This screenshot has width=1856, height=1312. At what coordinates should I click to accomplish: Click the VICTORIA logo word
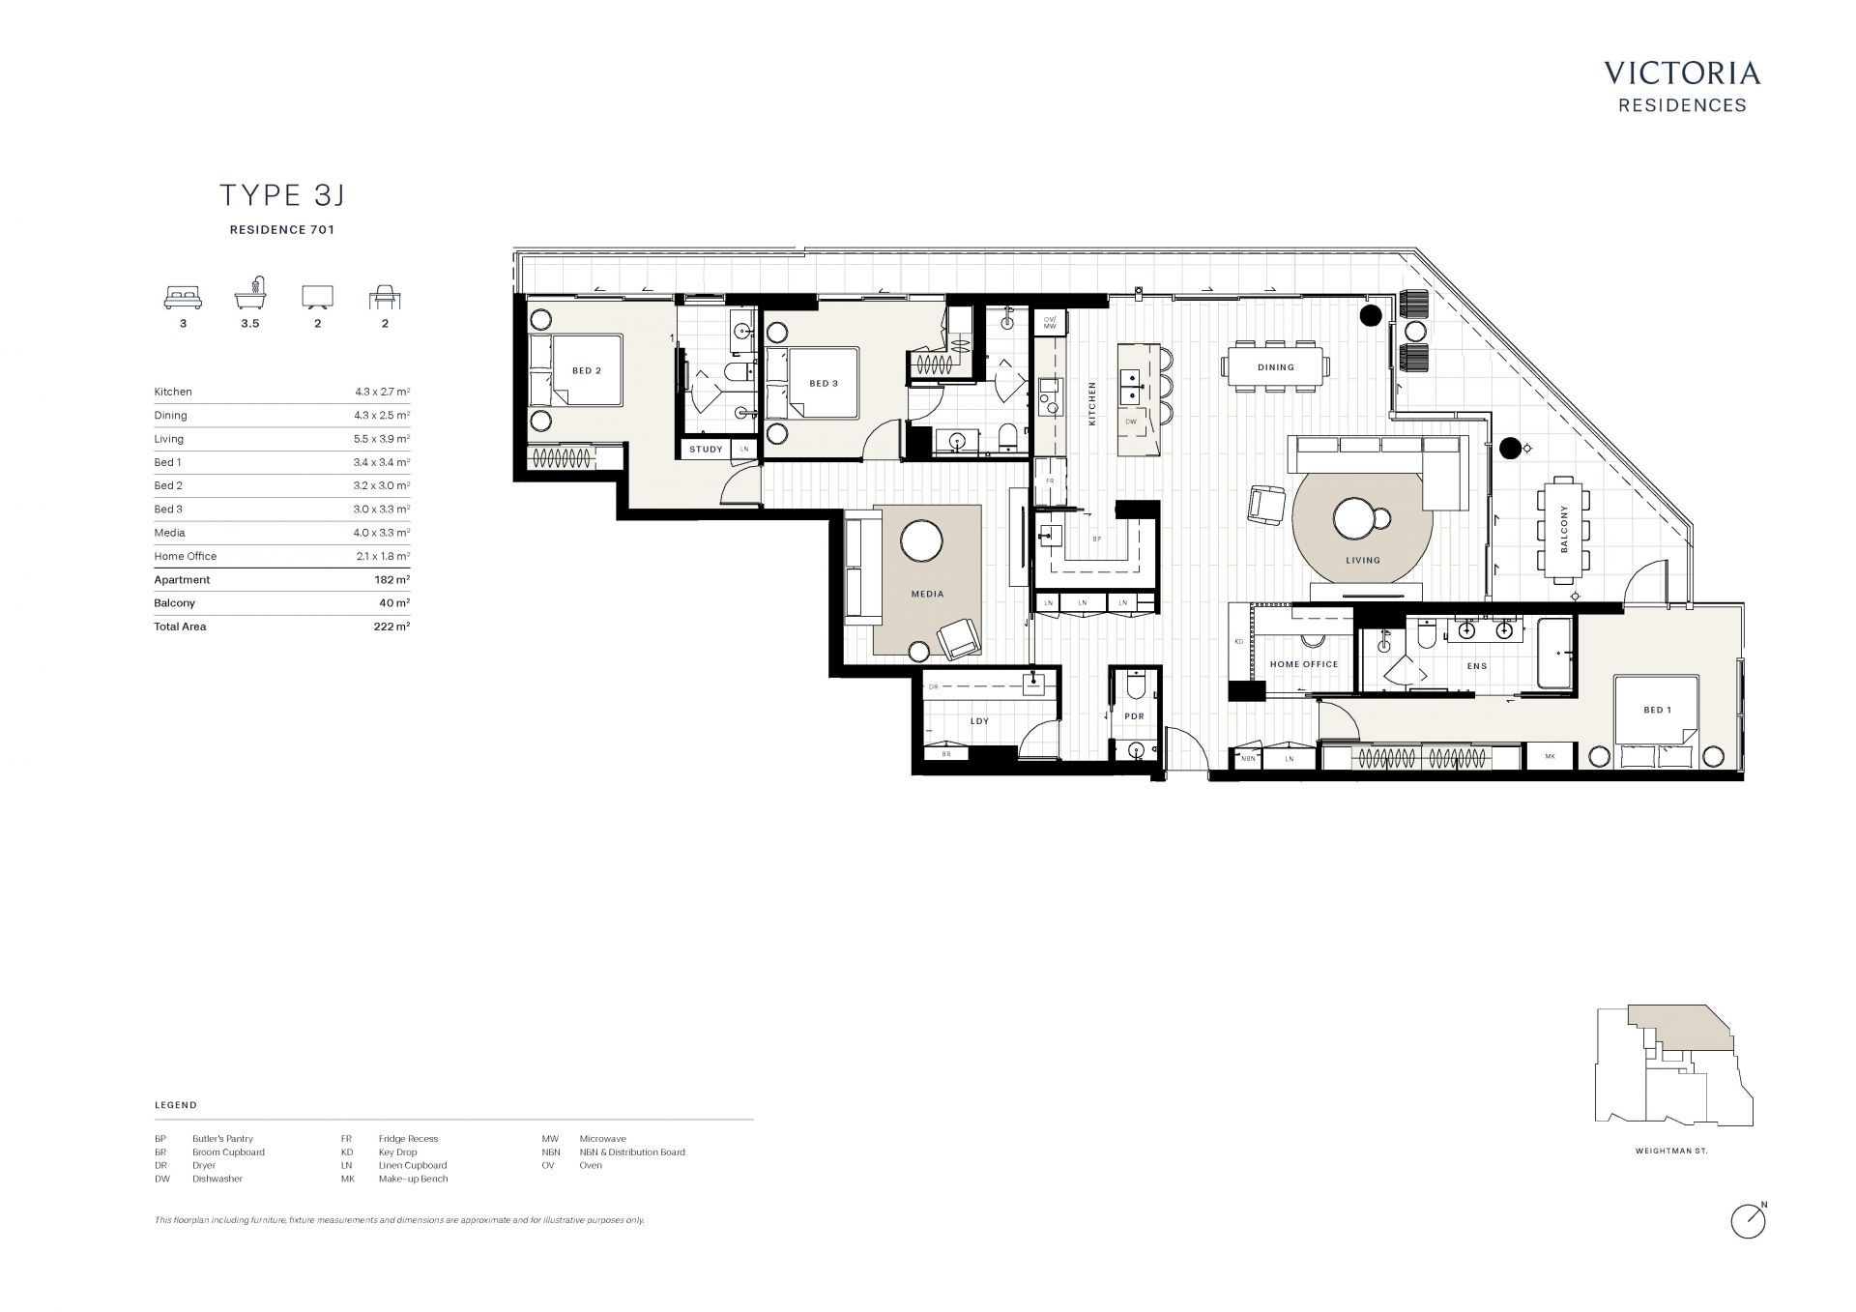[x=1682, y=73]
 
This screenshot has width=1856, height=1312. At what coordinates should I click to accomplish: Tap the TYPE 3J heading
[x=282, y=195]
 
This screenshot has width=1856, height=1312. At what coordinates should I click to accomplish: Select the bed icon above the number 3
[x=183, y=297]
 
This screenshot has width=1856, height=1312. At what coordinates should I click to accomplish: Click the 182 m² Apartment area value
[x=391, y=580]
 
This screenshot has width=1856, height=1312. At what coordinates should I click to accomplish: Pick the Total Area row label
[x=180, y=627]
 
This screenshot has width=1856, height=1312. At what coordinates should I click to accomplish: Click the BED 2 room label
[x=587, y=371]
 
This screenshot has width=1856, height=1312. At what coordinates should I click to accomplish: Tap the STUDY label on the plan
[x=706, y=450]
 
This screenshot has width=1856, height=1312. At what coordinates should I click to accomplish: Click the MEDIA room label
[x=927, y=594]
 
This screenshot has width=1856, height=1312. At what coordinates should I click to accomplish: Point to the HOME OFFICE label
[x=1304, y=664]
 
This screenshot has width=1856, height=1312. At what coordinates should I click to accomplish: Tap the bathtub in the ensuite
[x=1555, y=655]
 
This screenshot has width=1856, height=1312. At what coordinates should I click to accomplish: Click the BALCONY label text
[x=1564, y=529]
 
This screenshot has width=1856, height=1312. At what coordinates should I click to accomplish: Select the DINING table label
[x=1276, y=367]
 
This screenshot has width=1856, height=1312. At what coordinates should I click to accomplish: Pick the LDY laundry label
[x=979, y=721]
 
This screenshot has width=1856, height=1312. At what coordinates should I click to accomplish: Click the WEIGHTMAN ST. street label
[x=1671, y=1152]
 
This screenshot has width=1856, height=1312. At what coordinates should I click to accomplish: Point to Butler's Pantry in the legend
[x=222, y=1139]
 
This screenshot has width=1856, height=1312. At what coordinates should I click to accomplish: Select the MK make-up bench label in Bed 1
[x=1550, y=756]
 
